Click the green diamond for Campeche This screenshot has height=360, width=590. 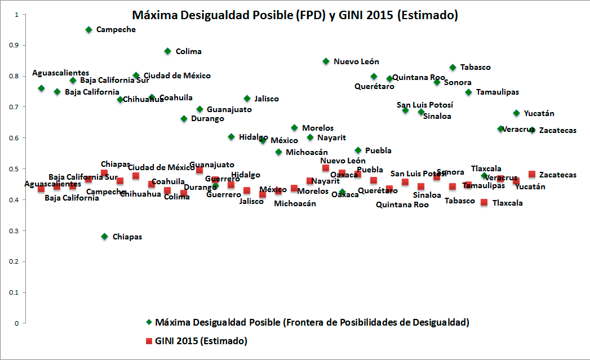tap(88, 29)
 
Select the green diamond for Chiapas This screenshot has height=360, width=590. tap(104, 237)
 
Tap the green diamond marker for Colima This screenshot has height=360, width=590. tap(167, 51)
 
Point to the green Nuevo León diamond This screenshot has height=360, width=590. tap(326, 61)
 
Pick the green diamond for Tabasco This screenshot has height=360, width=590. tap(453, 68)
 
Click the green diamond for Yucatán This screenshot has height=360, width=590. tap(516, 113)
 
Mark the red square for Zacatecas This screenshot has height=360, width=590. tap(532, 175)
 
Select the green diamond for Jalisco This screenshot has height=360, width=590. tap(247, 99)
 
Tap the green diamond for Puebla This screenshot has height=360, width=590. tap(358, 150)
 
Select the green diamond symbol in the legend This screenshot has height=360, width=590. tap(149, 322)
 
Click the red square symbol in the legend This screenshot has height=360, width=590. tap(149, 341)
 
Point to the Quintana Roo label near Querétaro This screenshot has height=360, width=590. tap(418, 77)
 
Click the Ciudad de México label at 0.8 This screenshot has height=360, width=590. tap(177, 75)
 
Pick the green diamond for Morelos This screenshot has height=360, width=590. tap(294, 128)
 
